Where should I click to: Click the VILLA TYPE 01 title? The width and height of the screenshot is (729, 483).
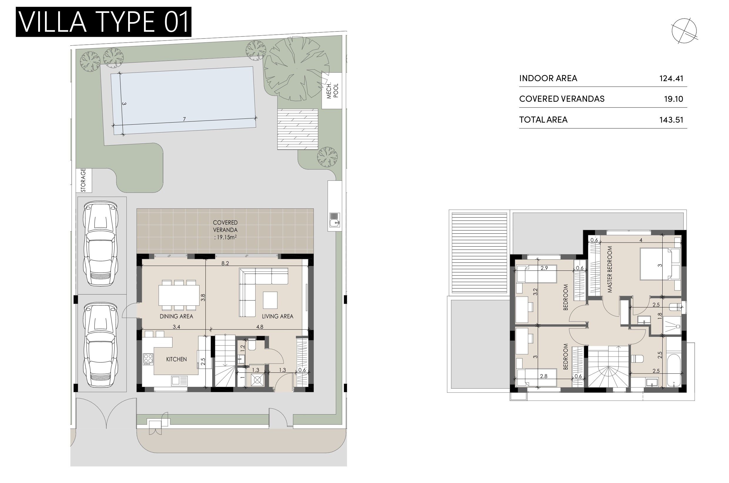(x=103, y=22)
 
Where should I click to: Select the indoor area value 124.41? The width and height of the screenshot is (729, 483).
(x=671, y=78)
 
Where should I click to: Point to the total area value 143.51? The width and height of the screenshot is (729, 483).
(x=671, y=120)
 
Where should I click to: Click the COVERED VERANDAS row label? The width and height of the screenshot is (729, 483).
(x=562, y=99)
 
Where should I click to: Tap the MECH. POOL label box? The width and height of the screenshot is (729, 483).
(x=332, y=91)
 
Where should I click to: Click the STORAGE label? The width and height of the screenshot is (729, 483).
(x=84, y=180)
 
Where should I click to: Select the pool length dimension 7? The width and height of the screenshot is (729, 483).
(x=184, y=119)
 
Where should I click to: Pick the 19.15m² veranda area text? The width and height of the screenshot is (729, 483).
(x=225, y=238)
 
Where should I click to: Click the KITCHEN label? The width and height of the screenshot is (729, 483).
(x=176, y=359)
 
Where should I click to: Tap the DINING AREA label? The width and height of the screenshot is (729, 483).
(x=176, y=316)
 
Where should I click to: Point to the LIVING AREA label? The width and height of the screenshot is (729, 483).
(x=277, y=316)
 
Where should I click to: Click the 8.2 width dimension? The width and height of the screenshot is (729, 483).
(x=225, y=263)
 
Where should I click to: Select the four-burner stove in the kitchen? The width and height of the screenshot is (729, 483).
(x=148, y=359)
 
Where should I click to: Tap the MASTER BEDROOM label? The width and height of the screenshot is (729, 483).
(x=610, y=269)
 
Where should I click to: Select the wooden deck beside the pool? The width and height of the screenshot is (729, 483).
(x=297, y=129)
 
